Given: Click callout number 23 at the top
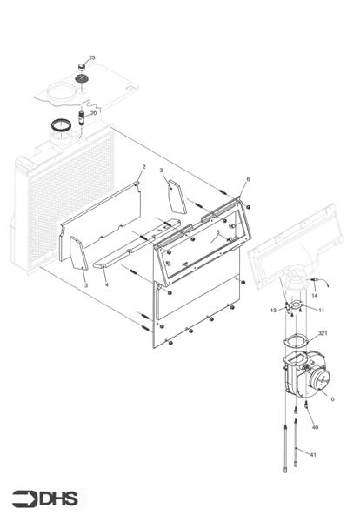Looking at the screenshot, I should (x=92, y=57).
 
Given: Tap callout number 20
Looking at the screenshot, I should (x=94, y=113).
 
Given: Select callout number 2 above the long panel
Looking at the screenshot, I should (x=143, y=166).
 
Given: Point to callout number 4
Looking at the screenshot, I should (x=106, y=284).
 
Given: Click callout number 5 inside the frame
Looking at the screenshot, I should (x=217, y=232).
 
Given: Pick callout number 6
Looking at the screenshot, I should (x=248, y=179).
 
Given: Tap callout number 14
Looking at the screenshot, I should (x=315, y=296).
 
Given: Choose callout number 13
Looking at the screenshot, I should (x=272, y=310).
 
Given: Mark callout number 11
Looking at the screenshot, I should (x=321, y=310).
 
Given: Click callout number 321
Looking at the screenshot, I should (x=323, y=333).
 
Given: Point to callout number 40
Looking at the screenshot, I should (x=315, y=427).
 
